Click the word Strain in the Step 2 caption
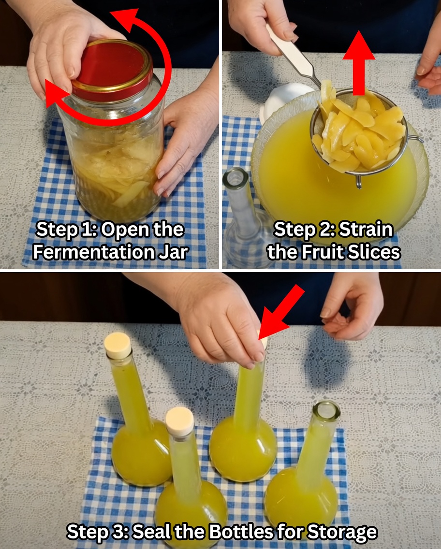tap(366, 230)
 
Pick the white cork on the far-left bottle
tap(118, 345)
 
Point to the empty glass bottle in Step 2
tap(239, 217)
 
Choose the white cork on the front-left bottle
tap(179, 421)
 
